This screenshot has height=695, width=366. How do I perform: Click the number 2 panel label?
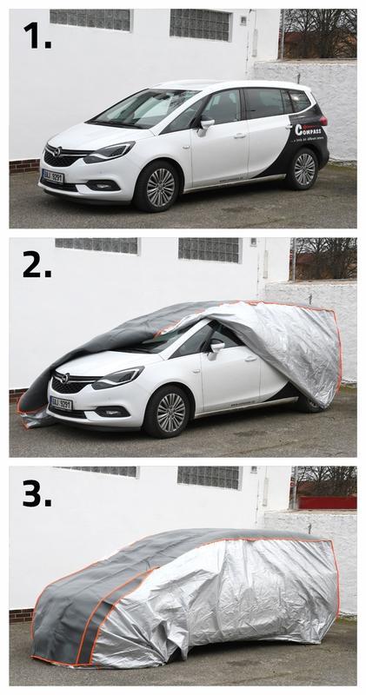37,263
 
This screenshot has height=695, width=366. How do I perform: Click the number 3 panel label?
37,493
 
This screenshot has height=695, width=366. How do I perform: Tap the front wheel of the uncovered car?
160,188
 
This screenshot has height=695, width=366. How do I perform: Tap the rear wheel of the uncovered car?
304,169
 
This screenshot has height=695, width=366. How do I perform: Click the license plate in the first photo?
53,175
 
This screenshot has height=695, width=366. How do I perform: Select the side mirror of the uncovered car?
206,124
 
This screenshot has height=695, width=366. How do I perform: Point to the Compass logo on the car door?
309,129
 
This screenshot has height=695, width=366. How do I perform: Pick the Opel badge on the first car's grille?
57,151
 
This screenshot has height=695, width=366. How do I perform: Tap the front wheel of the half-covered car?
170,413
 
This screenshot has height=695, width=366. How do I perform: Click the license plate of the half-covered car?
61,403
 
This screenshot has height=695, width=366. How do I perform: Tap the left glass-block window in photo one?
90,19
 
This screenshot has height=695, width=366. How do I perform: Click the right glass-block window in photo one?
200,23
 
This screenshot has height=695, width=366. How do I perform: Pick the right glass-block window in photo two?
209,249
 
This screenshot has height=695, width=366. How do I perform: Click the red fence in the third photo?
327,502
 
